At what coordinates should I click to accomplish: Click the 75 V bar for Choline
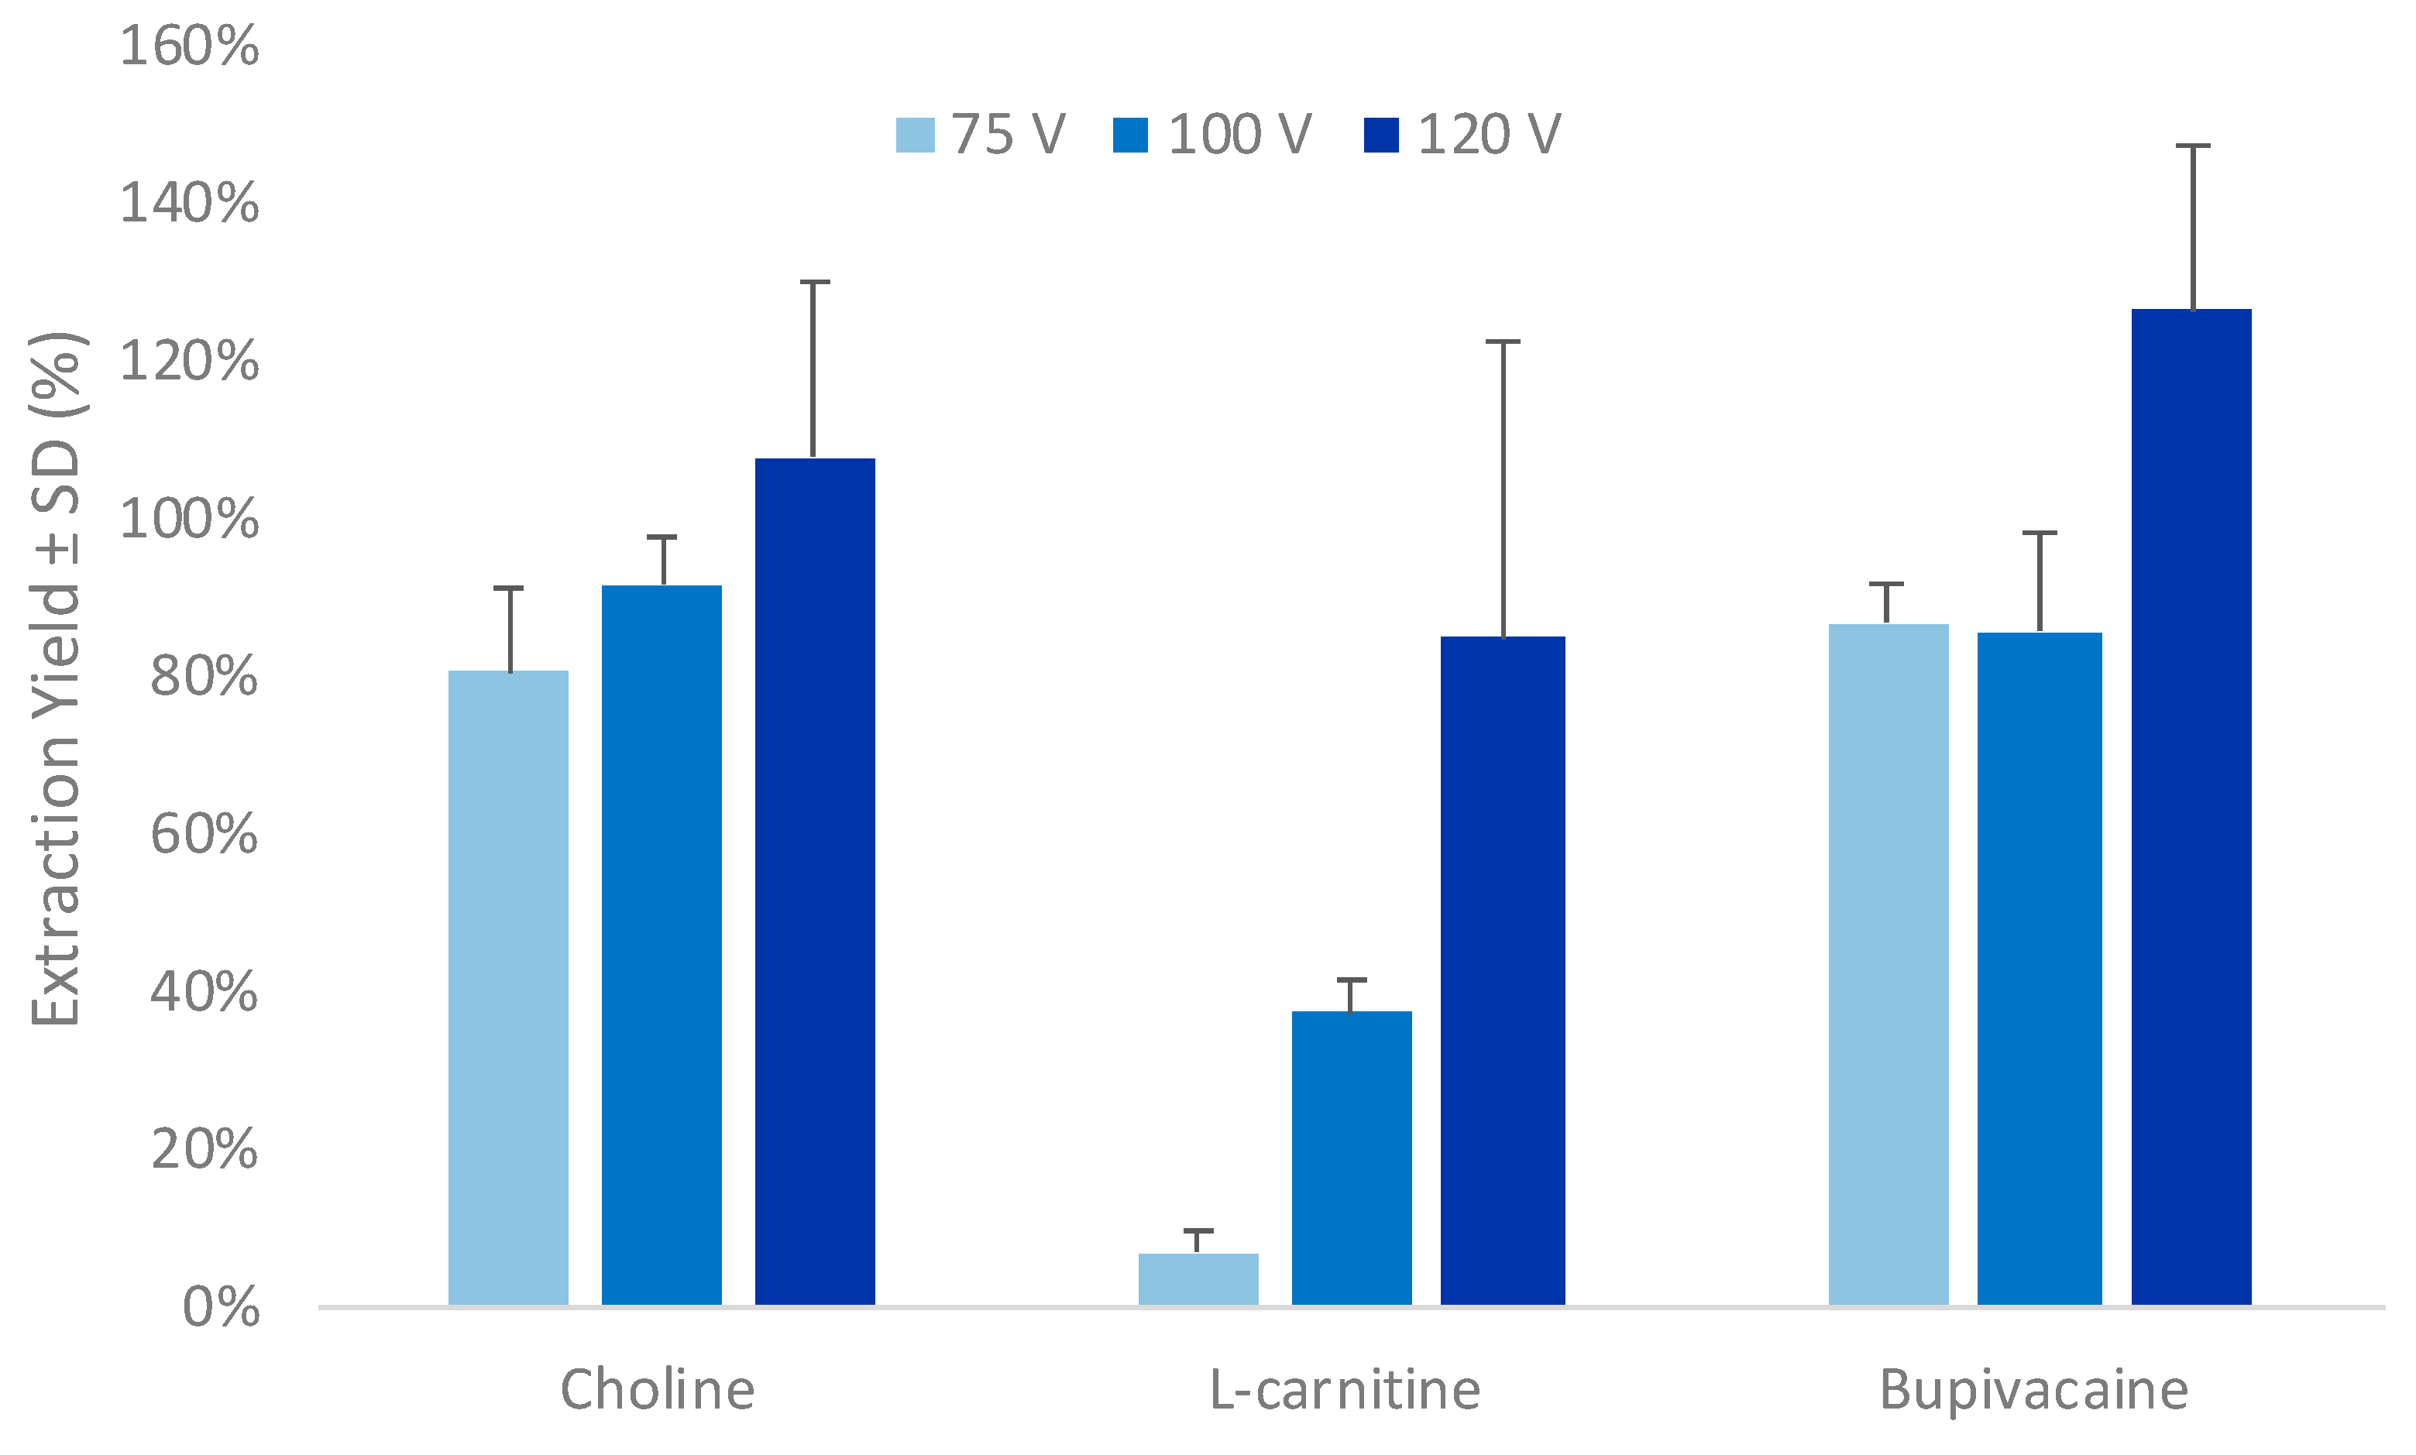508,987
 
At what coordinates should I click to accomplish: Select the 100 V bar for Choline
661,944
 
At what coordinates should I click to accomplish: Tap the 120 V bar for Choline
814,880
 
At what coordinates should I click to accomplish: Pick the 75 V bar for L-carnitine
1198,1278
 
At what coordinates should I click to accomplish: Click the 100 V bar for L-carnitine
1351,1157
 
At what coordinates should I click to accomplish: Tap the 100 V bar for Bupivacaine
2040,968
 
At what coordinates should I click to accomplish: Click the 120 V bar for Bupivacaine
2191,806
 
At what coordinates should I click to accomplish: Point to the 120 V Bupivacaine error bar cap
2192,146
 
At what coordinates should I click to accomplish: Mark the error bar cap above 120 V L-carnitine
1502,342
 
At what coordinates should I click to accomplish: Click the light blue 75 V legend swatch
915,136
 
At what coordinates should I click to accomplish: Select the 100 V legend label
1239,136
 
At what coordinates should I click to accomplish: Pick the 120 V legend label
1489,136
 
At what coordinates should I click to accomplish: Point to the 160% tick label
189,46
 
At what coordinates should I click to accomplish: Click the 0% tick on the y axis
221,1308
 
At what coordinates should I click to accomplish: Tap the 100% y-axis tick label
189,520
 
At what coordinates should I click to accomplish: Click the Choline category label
657,1390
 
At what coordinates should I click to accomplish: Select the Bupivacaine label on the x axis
2033,1390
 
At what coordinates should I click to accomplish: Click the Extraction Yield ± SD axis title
57,678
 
